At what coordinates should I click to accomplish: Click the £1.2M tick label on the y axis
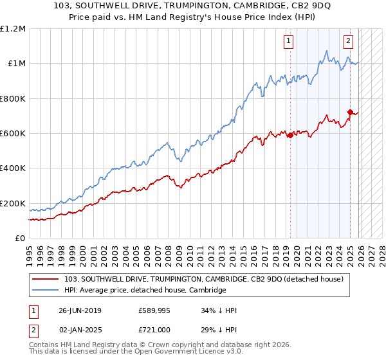14,29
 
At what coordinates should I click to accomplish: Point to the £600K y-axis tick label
13,134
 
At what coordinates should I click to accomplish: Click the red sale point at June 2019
290,135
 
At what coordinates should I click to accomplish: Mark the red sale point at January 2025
350,112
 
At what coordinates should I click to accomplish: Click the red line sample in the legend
46,279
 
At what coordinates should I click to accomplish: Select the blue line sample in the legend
46,290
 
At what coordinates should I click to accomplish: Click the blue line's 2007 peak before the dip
167,143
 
